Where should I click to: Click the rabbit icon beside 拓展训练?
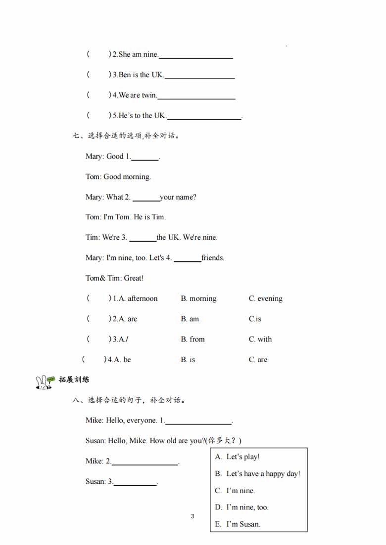click(44, 382)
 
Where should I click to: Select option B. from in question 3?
click(193, 339)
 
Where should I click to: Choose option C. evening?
click(265, 299)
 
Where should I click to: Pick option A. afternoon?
click(135, 299)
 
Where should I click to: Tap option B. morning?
click(198, 299)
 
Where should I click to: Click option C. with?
click(260, 339)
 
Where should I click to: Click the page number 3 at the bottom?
click(193, 516)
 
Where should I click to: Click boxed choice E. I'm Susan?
click(238, 524)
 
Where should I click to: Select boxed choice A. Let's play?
click(238, 457)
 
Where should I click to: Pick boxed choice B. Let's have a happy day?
click(257, 474)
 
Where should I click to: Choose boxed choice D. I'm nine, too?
click(241, 507)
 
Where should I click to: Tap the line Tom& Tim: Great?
click(114, 278)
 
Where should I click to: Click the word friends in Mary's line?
click(213, 258)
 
